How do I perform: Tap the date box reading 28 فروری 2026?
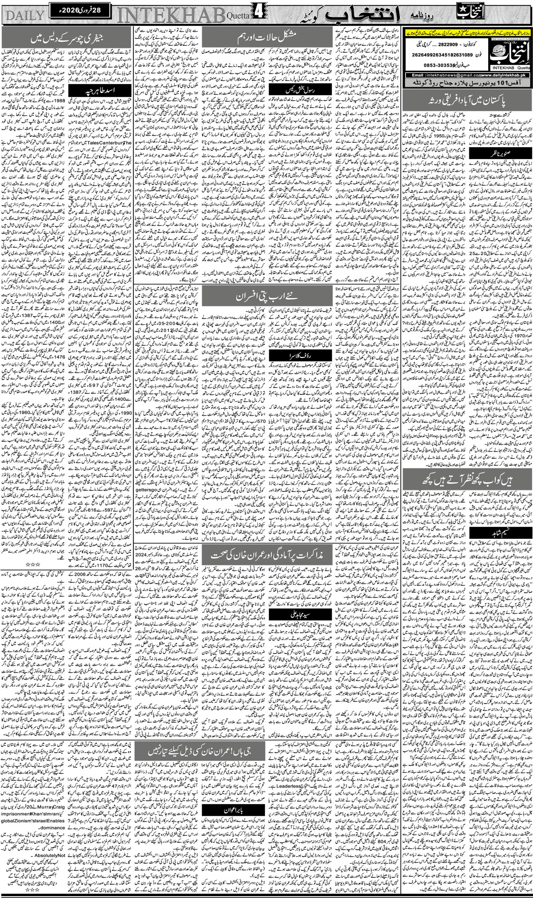point(80,8)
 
